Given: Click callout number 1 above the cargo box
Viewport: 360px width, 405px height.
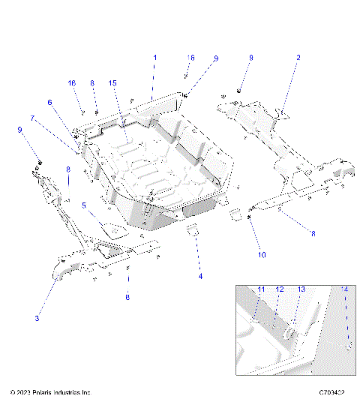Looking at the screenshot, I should (155, 58).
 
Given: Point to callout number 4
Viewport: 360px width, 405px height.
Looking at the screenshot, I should (199, 277).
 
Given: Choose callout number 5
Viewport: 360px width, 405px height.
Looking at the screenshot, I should (84, 205).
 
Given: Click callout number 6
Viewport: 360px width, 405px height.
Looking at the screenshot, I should (50, 103).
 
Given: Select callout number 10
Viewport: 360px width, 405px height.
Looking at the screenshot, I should (262, 255).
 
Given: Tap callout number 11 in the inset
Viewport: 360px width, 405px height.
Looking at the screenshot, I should (262, 289).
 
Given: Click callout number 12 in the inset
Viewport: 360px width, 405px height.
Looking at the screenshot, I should (279, 289).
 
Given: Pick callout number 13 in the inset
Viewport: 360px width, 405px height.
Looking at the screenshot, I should (301, 289).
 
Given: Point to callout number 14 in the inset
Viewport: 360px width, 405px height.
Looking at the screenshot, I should (345, 289).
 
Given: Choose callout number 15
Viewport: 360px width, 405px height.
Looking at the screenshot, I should (112, 82).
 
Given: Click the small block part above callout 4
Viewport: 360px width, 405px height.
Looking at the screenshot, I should (191, 228).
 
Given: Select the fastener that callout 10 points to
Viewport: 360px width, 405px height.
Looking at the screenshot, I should (248, 217).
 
